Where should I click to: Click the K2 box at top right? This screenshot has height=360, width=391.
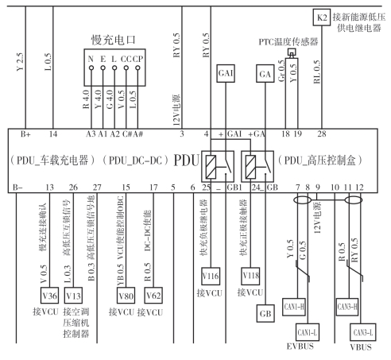(322, 17)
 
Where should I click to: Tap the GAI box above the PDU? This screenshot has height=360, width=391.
(226, 73)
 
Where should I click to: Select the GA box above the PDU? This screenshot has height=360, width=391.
(265, 73)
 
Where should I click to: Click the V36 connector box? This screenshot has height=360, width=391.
(49, 296)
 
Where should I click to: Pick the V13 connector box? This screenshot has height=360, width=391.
(73, 296)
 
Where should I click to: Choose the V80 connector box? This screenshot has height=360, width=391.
(126, 296)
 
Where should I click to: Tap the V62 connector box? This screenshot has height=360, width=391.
(153, 296)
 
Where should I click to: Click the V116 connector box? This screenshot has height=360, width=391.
(211, 276)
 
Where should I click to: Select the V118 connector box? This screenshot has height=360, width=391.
(250, 276)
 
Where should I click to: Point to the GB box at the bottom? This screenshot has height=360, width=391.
(265, 313)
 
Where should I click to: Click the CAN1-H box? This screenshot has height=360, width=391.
(294, 307)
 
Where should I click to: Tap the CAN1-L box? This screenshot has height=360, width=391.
(308, 332)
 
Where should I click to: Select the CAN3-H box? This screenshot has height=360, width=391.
(347, 307)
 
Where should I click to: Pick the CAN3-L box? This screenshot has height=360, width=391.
(363, 332)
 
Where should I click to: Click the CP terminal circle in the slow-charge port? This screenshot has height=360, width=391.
(137, 68)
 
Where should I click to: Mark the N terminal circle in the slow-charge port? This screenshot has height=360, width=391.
(91, 68)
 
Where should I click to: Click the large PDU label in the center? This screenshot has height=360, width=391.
(187, 160)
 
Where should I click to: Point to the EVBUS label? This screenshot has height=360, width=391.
(300, 346)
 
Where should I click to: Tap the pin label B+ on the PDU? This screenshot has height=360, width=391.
(25, 134)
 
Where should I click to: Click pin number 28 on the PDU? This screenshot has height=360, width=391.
(322, 134)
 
